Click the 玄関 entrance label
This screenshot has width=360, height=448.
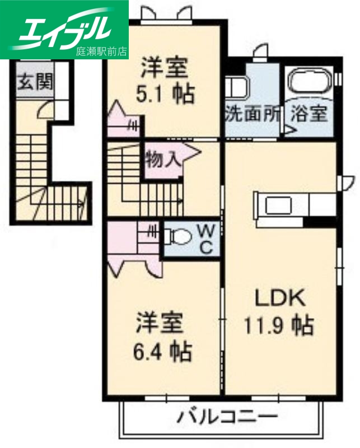(x=35, y=83)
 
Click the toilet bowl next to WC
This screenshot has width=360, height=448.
(x=180, y=238)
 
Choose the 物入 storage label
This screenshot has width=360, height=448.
(x=163, y=159)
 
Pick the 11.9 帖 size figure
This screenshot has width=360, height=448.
(x=278, y=325)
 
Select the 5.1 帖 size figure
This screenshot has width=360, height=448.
(x=166, y=94)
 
